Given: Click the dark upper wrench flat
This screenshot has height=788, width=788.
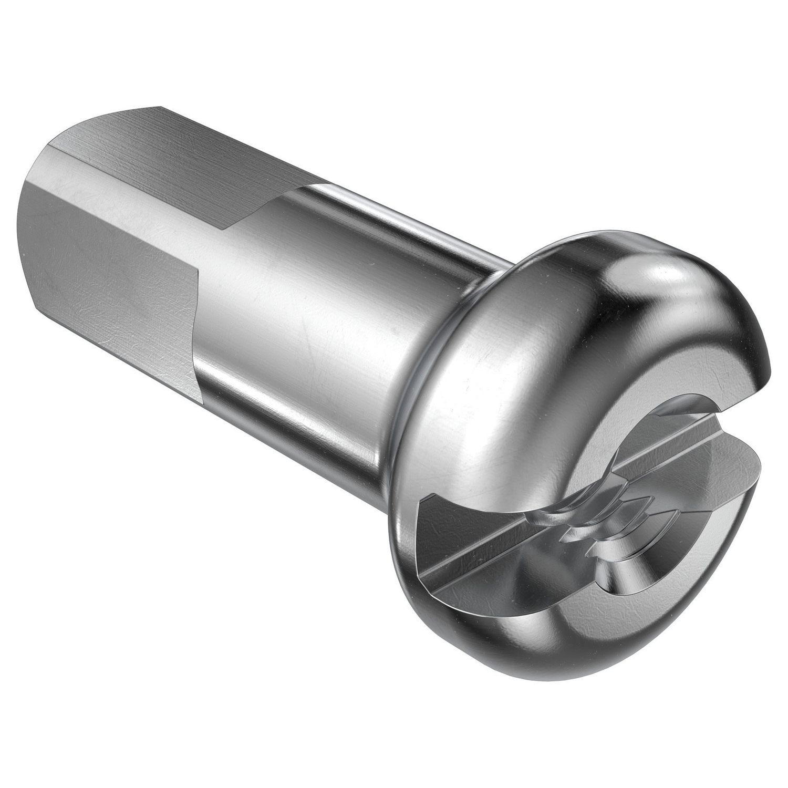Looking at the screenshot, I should [173, 142].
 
